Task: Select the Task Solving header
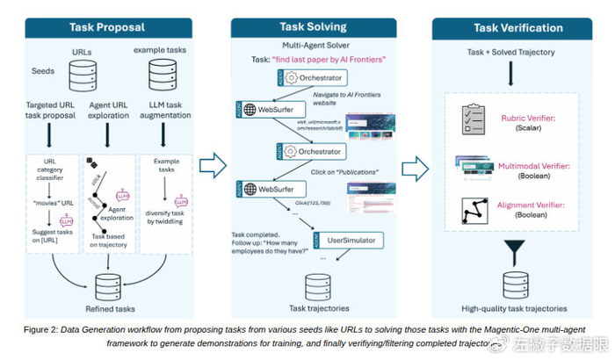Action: click(x=314, y=28)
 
